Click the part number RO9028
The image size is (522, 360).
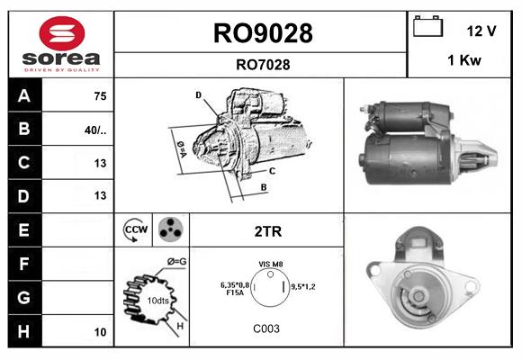coord(262,33)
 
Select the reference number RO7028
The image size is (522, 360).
coord(262,64)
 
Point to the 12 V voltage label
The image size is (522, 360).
coord(481,31)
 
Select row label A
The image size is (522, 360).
coord(23,96)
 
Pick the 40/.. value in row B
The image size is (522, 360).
coord(95,130)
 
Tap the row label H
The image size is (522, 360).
coord(23,331)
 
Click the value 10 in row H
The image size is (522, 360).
coord(100,332)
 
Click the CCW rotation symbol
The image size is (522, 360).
coord(135,230)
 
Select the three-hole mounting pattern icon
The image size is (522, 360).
coord(169,230)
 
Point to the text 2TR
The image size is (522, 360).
coord(268,231)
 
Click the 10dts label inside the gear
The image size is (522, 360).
coord(157,300)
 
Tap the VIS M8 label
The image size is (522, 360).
coord(271,265)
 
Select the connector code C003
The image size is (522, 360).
coord(265,328)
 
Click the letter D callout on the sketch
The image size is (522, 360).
coord(198,94)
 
